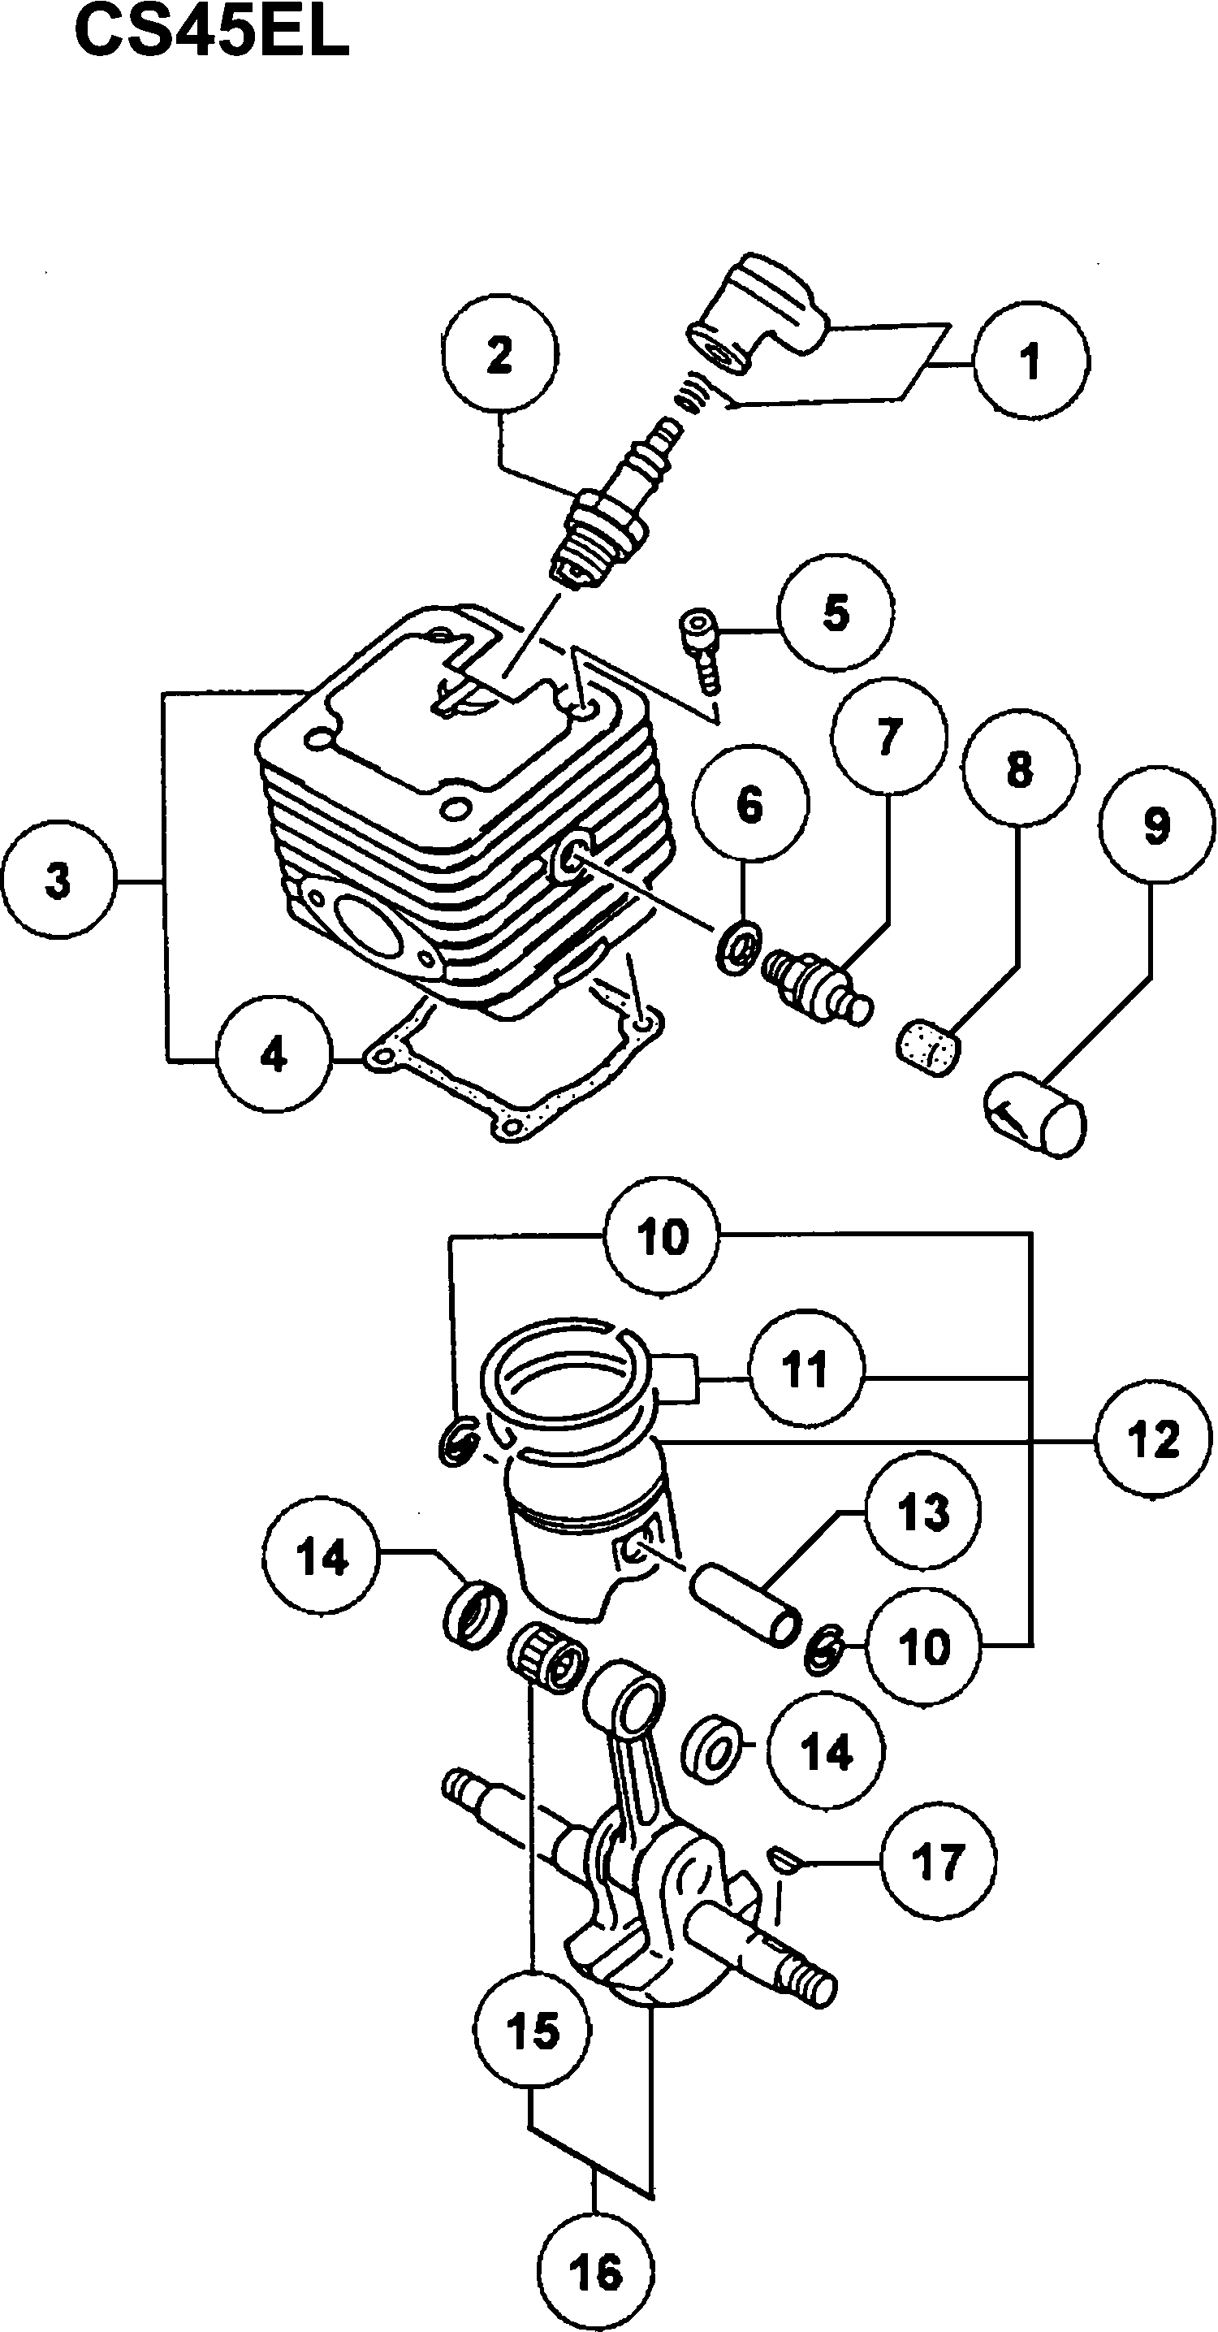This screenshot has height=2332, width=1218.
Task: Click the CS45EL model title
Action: [211, 33]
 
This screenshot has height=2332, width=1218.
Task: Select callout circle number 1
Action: [1030, 361]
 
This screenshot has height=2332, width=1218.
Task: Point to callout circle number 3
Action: [58, 879]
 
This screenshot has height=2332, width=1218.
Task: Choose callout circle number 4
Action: [274, 1054]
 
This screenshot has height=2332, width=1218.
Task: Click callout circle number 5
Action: [836, 613]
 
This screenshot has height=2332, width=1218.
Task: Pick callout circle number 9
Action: [1156, 824]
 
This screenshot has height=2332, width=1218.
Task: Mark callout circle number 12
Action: [1153, 1439]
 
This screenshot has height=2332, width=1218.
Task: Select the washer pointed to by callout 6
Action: [738, 949]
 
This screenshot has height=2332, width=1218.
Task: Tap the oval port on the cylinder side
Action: [367, 924]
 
